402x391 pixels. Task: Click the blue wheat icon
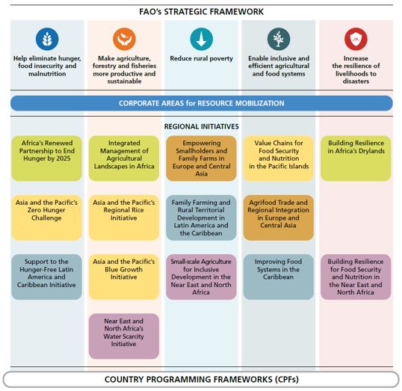(x=47, y=39)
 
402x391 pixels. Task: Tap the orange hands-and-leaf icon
(x=124, y=39)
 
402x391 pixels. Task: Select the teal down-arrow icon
(x=202, y=39)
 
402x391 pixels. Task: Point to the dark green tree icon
(x=279, y=39)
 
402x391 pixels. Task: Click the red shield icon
(x=356, y=39)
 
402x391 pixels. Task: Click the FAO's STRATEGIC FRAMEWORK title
(x=201, y=12)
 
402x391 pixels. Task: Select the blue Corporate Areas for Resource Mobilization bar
(x=202, y=103)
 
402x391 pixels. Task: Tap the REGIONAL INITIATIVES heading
(x=201, y=126)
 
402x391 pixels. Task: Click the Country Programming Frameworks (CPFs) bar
(x=201, y=379)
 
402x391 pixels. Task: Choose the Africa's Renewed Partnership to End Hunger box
(x=46, y=158)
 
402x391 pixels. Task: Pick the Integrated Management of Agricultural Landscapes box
(x=124, y=158)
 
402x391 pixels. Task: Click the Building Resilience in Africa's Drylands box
(x=356, y=158)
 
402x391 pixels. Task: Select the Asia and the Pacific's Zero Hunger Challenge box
(x=46, y=218)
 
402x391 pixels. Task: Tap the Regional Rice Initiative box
(x=124, y=218)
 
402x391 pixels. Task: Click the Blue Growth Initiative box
(x=124, y=277)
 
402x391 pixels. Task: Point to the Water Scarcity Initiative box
(x=124, y=336)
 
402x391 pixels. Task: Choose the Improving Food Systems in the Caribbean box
(x=279, y=277)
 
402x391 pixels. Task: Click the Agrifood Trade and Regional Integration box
(x=279, y=218)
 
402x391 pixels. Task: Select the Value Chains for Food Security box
(x=279, y=158)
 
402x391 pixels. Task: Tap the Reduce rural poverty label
(x=202, y=58)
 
